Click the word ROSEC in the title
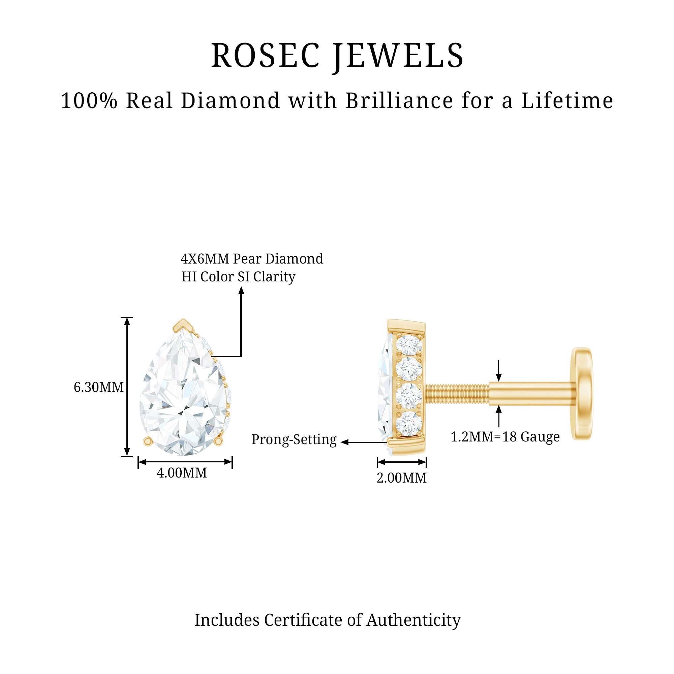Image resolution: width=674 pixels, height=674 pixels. click(265, 56)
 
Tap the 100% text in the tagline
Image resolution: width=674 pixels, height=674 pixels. click(89, 101)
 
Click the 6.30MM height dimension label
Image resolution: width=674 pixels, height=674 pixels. click(99, 387)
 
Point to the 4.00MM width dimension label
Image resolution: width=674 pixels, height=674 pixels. click(182, 473)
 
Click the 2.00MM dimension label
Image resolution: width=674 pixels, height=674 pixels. click(402, 478)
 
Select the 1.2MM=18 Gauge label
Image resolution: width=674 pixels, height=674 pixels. click(505, 437)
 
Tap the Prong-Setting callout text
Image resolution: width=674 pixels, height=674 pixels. click(294, 439)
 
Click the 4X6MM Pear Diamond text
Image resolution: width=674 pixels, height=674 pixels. click(252, 259)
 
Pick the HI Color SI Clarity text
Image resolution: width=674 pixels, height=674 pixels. click(238, 277)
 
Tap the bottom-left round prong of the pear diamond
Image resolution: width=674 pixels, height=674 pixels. click(148, 442)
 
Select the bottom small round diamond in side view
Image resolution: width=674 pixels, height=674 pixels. click(409, 424)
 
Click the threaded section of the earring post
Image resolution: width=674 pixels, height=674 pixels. click(457, 394)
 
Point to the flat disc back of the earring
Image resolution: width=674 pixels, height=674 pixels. click(582, 394)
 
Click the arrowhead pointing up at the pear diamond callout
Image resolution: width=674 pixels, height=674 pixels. click(241, 290)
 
